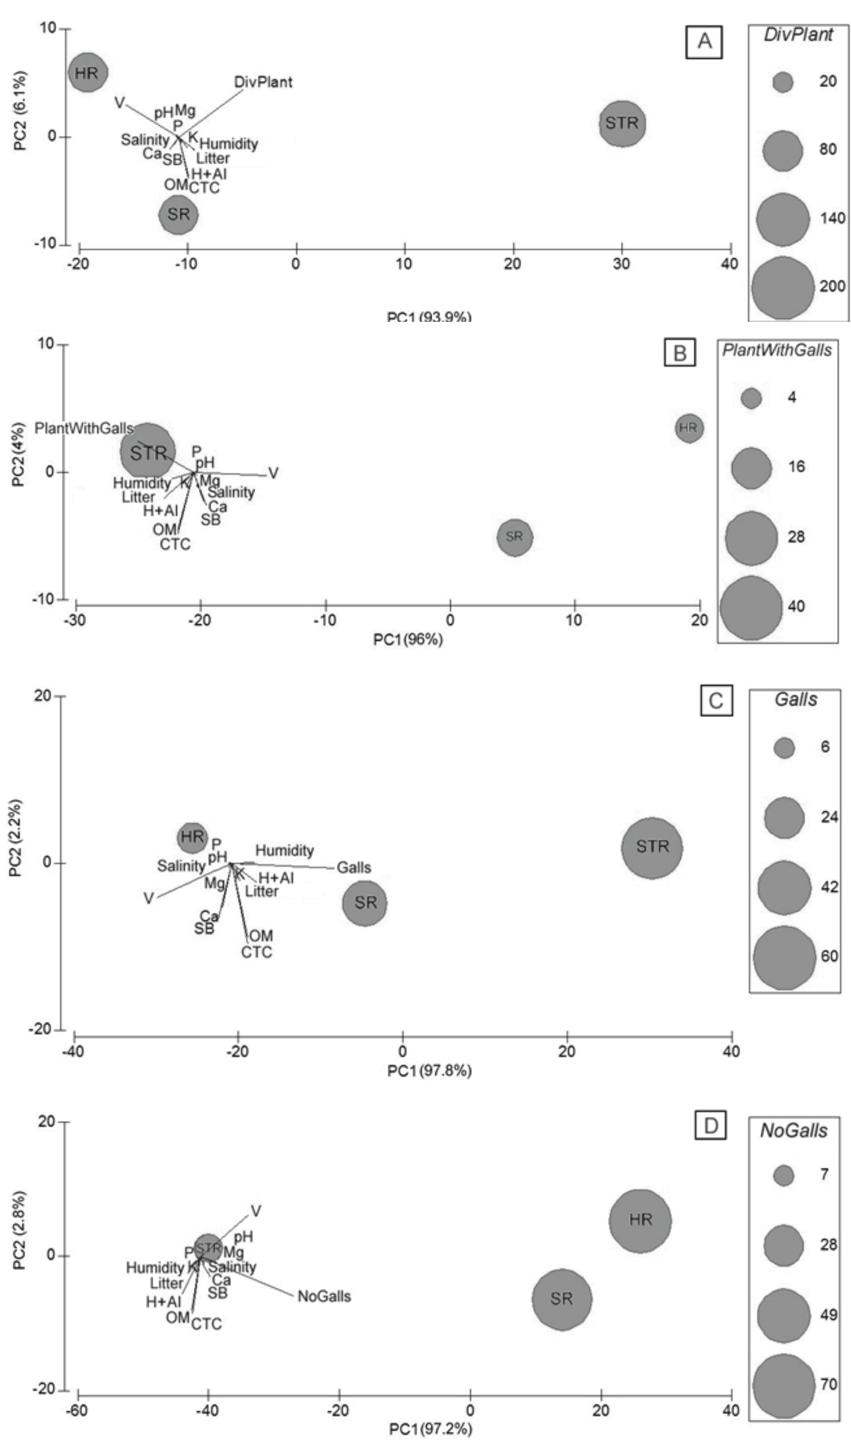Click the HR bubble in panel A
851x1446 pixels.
(87, 72)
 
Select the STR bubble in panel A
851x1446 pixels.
(622, 123)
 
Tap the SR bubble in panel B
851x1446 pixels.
(515, 537)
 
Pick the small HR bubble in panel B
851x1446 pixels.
(688, 428)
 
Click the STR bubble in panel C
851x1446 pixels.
(652, 848)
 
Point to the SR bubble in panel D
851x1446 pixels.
(562, 1299)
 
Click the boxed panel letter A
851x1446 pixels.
(704, 42)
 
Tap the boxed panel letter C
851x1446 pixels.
(716, 700)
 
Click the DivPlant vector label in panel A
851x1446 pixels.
(263, 82)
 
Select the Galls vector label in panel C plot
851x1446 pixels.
(353, 867)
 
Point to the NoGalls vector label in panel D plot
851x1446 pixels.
(324, 1296)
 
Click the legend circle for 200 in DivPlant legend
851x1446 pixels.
(783, 287)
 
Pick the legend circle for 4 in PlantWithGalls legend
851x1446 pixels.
(751, 398)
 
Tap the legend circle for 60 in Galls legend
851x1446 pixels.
(784, 957)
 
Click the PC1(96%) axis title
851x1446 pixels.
(408, 639)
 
